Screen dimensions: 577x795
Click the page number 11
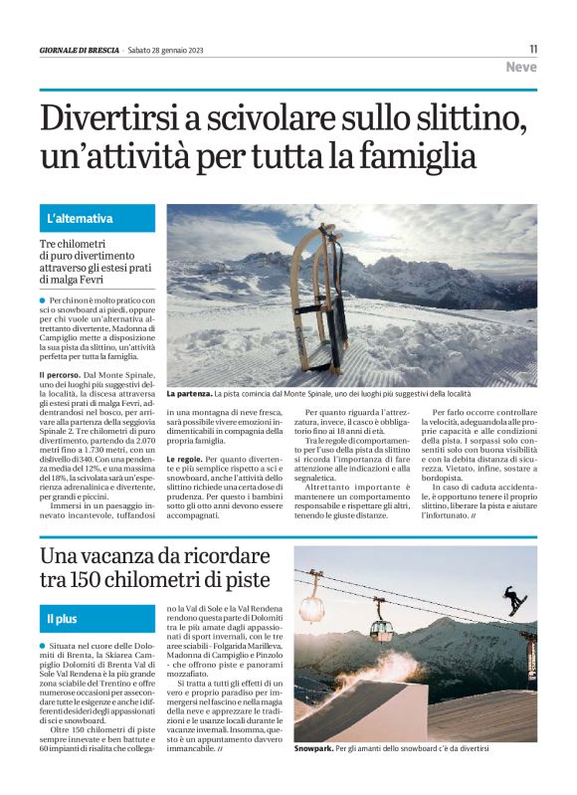[x=532, y=48]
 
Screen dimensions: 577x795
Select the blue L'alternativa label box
[x=97, y=218]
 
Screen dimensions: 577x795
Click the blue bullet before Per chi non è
[x=44, y=299]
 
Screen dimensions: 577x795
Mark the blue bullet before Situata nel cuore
[x=44, y=648]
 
